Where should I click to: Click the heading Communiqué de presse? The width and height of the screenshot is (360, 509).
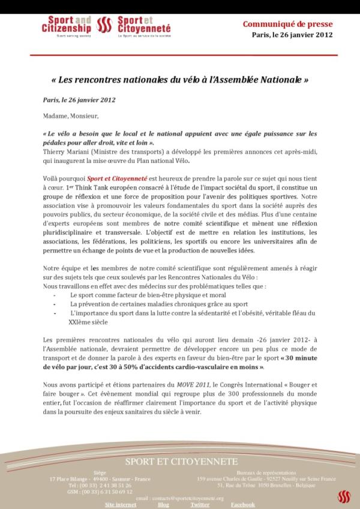[287, 24]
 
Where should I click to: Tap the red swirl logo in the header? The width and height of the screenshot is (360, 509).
[104, 25]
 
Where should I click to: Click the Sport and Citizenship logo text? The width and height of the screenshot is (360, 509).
[67, 25]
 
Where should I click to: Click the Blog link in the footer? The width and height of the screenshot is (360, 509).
[163, 505]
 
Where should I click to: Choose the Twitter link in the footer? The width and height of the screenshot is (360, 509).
[200, 505]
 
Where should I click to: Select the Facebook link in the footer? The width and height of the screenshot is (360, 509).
[243, 505]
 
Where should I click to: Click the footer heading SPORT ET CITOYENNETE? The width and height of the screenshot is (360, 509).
[181, 462]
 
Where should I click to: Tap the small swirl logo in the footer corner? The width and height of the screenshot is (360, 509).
[343, 496]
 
